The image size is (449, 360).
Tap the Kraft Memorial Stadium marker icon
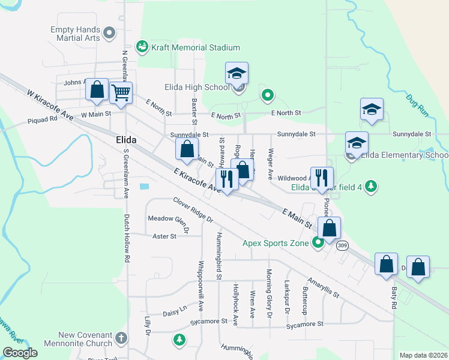(x=142, y=46)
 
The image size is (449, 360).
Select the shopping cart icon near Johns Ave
(x=121, y=93)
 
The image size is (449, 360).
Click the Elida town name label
(x=125, y=140)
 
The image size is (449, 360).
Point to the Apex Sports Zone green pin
(x=318, y=243)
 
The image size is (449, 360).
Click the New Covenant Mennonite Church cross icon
(x=121, y=338)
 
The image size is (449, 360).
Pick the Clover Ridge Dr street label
(x=193, y=210)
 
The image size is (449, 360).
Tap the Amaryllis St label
(x=324, y=287)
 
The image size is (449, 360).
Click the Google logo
(x=20, y=353)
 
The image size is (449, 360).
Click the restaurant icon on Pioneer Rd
(x=322, y=177)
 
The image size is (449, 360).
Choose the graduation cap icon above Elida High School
(x=237, y=74)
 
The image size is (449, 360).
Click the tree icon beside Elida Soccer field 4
(x=372, y=186)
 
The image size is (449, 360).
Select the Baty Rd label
(x=394, y=298)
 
